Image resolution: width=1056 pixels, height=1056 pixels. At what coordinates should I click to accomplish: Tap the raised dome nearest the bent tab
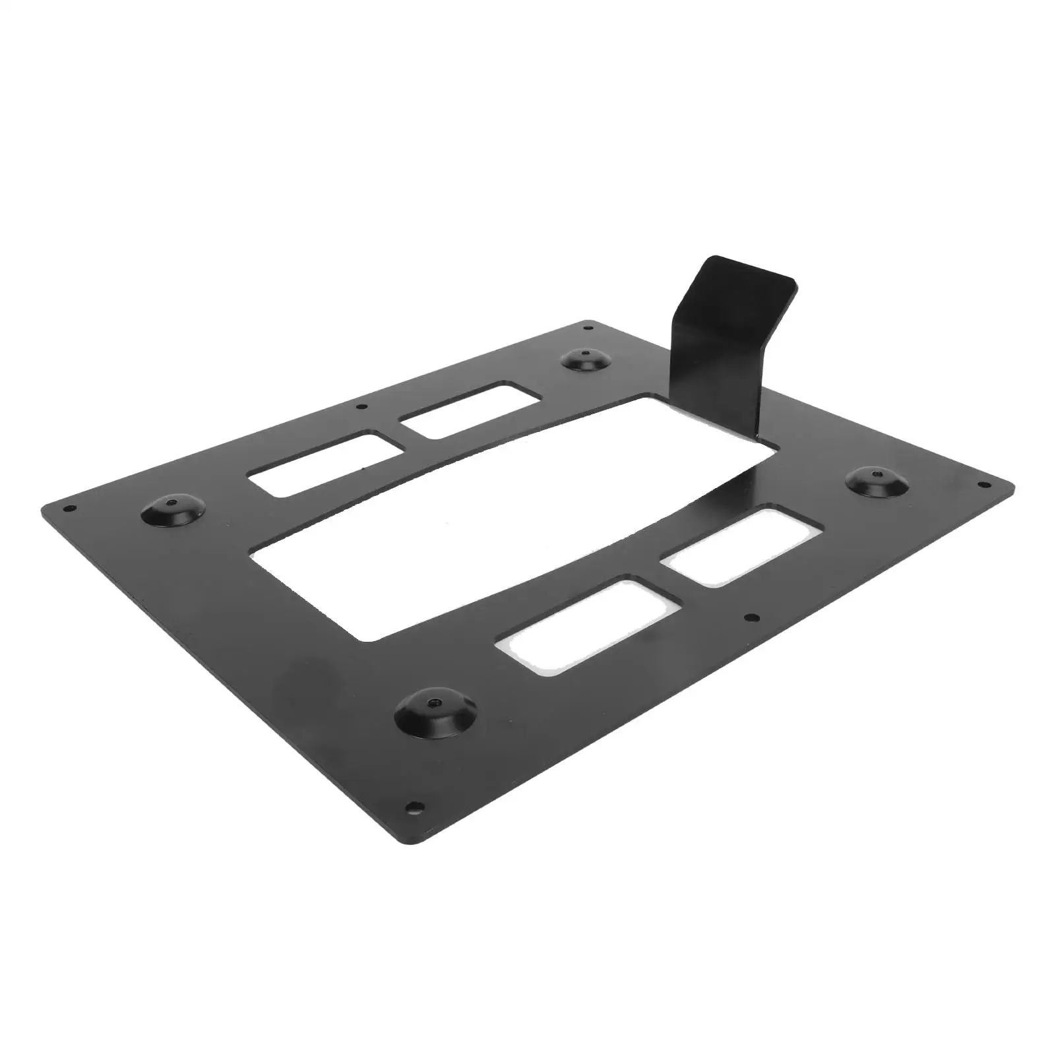pos(586,360)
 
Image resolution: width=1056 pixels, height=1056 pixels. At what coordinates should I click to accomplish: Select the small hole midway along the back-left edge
pos(359,406)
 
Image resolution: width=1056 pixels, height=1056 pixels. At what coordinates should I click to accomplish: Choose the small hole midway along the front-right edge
pos(748,618)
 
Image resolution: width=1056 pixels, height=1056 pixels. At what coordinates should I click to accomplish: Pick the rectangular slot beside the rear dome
pos(470,409)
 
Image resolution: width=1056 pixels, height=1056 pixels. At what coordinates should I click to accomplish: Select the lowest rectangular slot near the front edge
pos(587,623)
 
